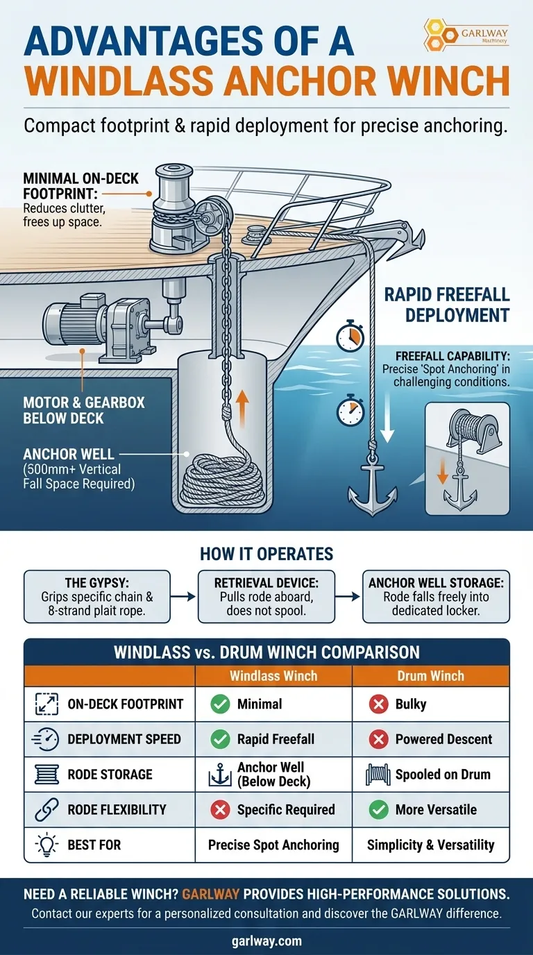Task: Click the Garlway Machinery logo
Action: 466,35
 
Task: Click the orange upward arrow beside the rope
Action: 242,409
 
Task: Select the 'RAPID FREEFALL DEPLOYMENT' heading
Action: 446,305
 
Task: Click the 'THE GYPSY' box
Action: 97,596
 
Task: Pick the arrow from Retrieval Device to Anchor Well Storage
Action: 348,596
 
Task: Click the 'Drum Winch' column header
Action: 431,676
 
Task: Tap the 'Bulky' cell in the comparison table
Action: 431,704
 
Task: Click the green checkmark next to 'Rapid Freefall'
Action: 220,739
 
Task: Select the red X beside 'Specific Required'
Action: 220,809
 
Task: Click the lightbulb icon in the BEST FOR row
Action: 46,845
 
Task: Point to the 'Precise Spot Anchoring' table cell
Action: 273,845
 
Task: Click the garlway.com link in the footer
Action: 266,941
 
